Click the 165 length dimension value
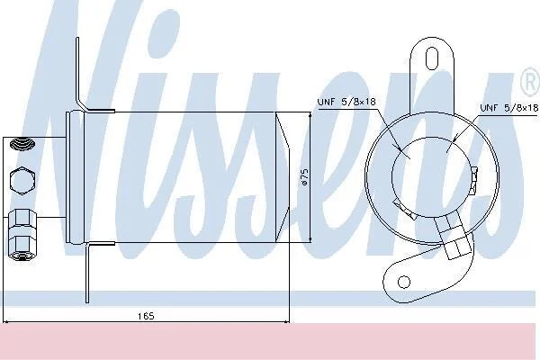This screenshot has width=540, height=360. [x=146, y=316]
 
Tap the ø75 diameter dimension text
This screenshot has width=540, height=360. [x=304, y=177]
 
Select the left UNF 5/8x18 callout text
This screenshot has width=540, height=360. [x=346, y=102]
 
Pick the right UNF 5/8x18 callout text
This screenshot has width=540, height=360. [x=509, y=108]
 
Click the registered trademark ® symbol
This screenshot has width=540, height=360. [x=531, y=82]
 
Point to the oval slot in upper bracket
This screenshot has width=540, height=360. [x=432, y=58]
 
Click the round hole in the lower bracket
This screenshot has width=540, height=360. [x=404, y=282]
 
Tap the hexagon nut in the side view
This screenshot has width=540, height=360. [x=22, y=181]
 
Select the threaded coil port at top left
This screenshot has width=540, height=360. [x=22, y=143]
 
